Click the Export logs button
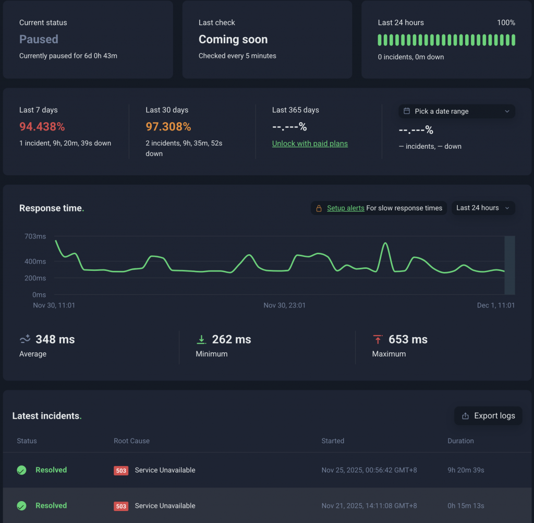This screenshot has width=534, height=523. [x=488, y=416]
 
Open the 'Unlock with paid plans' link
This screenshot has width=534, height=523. [x=310, y=144]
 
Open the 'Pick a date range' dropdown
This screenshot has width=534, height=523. [x=457, y=111]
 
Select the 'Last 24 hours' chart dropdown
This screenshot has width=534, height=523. [x=483, y=208]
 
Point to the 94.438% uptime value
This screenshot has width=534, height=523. [x=42, y=127]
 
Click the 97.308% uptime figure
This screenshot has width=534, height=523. [x=168, y=127]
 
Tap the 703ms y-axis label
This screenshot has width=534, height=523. [x=35, y=236]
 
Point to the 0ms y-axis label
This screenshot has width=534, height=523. [x=39, y=295]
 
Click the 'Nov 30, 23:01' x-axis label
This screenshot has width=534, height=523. [x=285, y=305]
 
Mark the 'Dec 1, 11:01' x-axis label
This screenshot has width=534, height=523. [x=495, y=305]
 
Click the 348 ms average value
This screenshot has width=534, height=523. [x=55, y=339]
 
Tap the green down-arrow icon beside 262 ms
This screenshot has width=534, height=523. [x=201, y=340]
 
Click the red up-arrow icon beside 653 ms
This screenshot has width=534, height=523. [x=378, y=340]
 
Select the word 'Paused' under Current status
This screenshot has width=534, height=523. [x=39, y=40]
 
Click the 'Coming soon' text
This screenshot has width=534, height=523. [x=233, y=40]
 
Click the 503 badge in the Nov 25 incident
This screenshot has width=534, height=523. [x=121, y=471]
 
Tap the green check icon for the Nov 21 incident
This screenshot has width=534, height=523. [x=21, y=506]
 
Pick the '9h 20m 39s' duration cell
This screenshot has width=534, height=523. [x=466, y=470]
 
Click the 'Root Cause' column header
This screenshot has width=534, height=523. [x=131, y=441]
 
